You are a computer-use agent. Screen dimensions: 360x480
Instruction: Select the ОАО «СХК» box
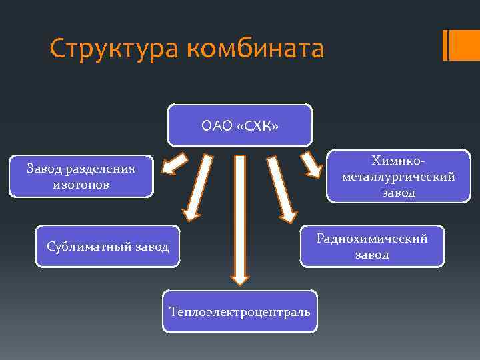tap(239, 125)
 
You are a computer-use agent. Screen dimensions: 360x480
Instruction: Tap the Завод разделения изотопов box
tap(81, 177)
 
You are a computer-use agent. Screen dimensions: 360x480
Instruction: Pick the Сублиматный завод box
tap(107, 247)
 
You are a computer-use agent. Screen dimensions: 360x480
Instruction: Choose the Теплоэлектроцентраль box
tap(239, 311)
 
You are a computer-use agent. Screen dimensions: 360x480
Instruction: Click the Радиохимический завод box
tap(372, 246)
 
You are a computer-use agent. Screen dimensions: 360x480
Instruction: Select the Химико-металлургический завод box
tap(398, 177)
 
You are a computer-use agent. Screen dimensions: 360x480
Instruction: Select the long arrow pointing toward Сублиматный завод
tap(199, 187)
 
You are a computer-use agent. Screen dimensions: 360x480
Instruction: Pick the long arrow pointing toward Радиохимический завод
tap(281, 189)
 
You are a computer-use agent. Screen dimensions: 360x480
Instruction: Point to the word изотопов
tap(81, 185)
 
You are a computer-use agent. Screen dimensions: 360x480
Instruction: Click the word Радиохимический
tap(372, 238)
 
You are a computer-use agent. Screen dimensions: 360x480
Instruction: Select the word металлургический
tap(398, 177)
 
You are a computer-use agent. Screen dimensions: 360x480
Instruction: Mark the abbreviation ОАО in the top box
tap(217, 125)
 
